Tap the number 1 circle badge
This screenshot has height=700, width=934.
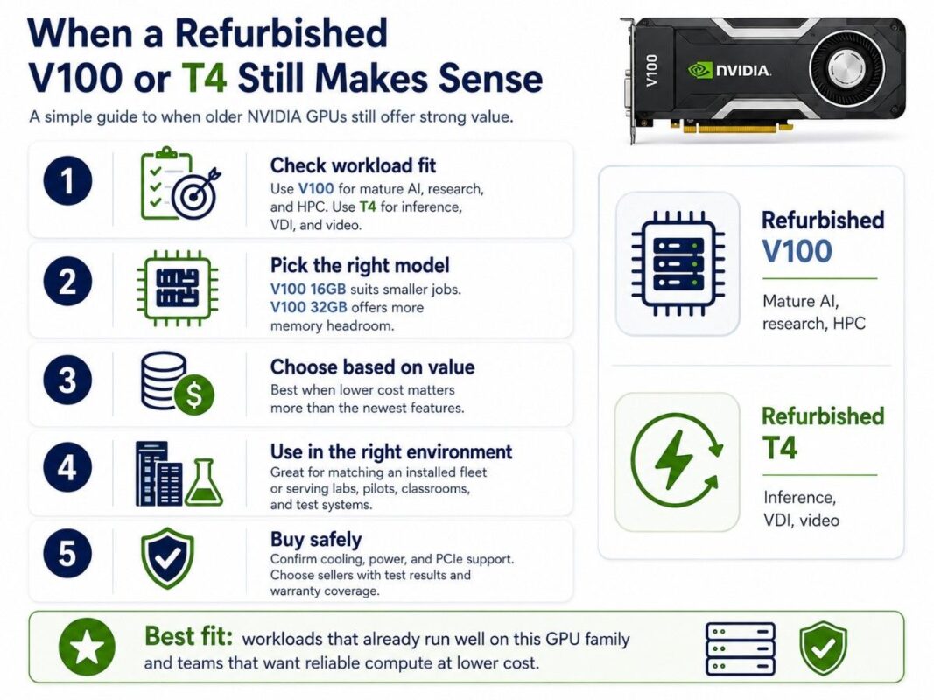coord(67,180)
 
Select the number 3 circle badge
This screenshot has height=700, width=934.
coord(67,381)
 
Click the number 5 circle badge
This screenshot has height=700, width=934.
coord(67,554)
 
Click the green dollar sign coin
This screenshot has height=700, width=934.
coord(194,395)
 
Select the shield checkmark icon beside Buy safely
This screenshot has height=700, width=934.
coord(167,557)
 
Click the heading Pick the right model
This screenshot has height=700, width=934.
coord(360,265)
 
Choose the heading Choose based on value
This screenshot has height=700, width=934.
coord(372,367)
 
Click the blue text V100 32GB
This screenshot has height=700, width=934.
coord(308,308)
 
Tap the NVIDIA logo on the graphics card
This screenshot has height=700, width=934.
coord(730,71)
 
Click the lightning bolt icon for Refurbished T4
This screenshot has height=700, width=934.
coord(676,461)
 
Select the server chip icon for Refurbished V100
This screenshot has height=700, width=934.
coord(678,263)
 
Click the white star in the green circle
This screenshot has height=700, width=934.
coord(88,647)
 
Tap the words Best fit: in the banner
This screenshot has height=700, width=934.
coord(188,637)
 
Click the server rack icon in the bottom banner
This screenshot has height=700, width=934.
coord(741,648)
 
